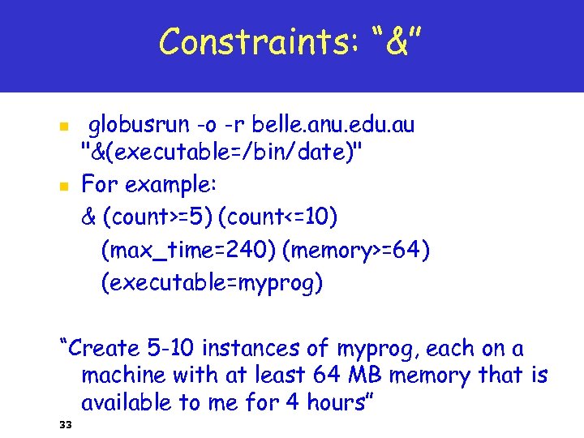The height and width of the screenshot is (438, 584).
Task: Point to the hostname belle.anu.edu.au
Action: point(333,125)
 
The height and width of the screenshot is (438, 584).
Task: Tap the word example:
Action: point(172,185)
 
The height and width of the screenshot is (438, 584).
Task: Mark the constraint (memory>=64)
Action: point(356,251)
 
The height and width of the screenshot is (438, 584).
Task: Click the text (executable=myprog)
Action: point(212,284)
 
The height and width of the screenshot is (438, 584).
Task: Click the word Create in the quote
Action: point(105,349)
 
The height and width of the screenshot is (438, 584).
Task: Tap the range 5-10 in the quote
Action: point(170,349)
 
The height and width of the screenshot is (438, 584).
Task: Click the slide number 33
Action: point(66,424)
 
